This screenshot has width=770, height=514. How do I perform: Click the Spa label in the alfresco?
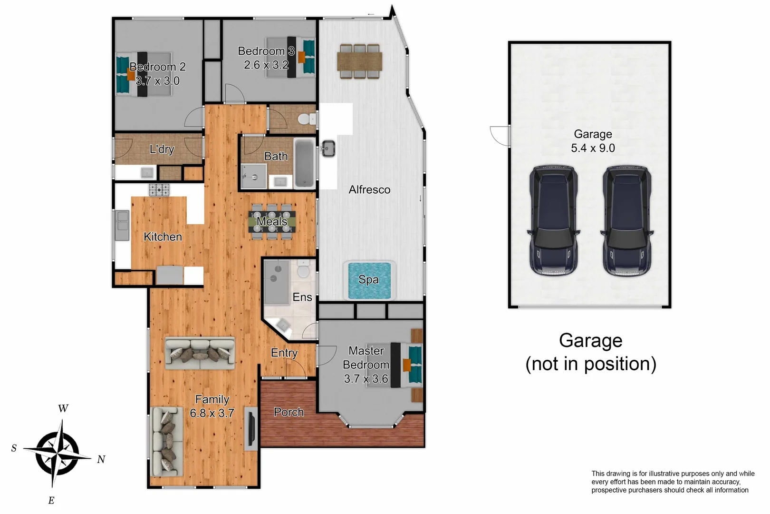click(369, 279)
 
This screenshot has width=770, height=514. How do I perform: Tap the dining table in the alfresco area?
click(359, 61)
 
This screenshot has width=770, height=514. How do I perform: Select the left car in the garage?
click(553, 221)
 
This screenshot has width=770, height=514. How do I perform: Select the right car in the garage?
click(626, 221)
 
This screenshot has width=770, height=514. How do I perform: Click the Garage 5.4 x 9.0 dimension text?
click(593, 148)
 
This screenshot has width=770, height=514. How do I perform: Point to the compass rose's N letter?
click(101, 459)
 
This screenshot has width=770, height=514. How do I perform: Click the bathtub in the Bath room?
click(304, 164)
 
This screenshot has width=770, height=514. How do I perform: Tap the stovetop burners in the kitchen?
click(159, 190)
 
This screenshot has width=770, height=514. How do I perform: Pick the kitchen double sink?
click(122, 225)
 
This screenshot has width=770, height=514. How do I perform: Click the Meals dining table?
click(271, 221)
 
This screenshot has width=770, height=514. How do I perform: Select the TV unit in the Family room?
click(251, 429)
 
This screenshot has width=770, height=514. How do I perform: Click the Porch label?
click(289, 412)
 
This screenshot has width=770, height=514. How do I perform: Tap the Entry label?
click(284, 353)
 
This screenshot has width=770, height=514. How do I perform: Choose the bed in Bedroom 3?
click(290, 57)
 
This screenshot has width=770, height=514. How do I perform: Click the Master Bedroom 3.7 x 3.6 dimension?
click(366, 379)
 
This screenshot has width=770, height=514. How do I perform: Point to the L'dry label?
click(162, 149)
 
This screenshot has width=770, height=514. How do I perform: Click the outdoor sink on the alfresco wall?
click(328, 148)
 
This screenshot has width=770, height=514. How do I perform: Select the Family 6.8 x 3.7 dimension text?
click(212, 413)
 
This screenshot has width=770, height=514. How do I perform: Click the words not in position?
click(591, 364)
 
